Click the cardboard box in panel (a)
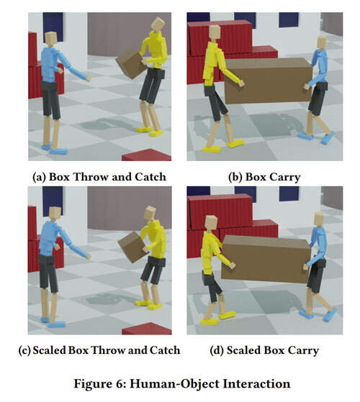(131, 64)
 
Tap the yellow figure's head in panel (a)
(158, 24)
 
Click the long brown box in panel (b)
(268, 81)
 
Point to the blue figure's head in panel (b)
(321, 42)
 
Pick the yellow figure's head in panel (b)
(215, 32)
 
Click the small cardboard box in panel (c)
(133, 247)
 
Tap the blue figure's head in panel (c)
(55, 214)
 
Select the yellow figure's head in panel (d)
(211, 223)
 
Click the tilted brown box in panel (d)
(266, 259)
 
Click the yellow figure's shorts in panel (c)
(153, 270)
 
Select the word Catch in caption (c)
(165, 350)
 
